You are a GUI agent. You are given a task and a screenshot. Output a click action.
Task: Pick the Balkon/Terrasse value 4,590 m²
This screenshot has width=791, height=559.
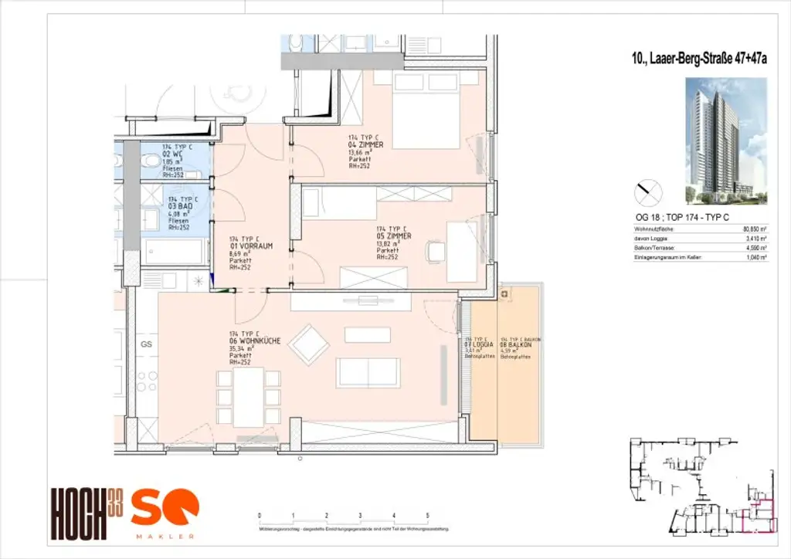coord(754,249)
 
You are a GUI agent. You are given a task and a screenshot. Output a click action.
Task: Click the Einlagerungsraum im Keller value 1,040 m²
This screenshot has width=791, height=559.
coord(754,259)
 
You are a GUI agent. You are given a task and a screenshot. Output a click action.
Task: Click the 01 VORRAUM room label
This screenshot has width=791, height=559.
coord(250,247)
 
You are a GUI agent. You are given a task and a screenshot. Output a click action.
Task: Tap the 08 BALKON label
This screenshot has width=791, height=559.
coord(514,346)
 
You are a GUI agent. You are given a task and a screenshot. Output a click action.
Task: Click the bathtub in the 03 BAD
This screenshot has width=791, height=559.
coord(174,251)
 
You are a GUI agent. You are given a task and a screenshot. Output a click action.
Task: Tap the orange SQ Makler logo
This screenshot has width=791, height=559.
coord(164,512)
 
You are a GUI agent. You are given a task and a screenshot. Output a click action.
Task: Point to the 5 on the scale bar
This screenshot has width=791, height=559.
coord(427,515)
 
